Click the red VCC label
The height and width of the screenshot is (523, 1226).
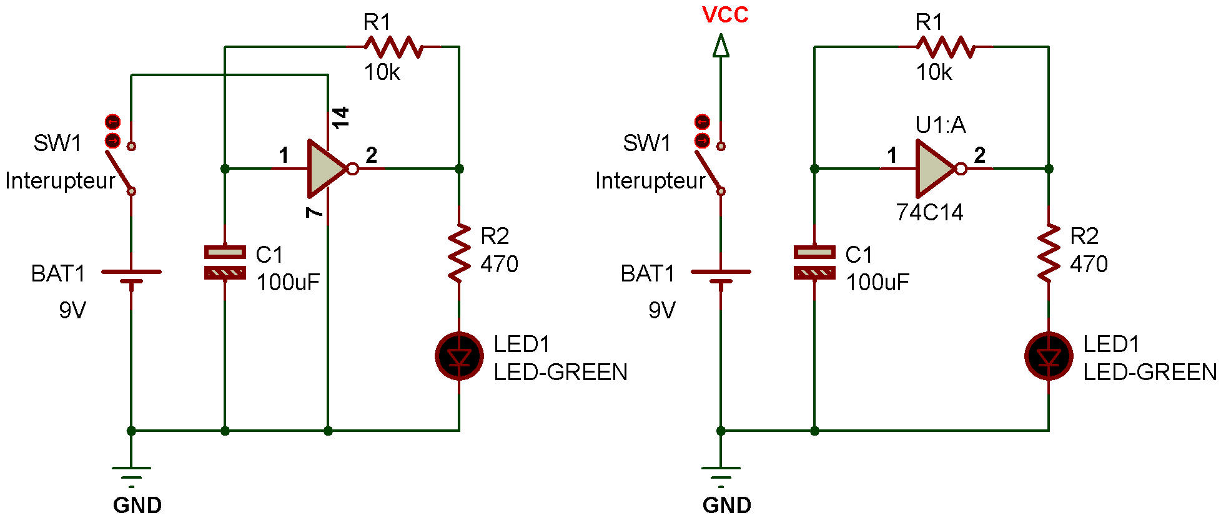pyautogui.click(x=725, y=14)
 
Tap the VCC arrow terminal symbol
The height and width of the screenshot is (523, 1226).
pyautogui.click(x=721, y=46)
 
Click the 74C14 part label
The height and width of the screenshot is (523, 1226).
pyautogui.click(x=929, y=213)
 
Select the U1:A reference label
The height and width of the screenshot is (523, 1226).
pyautogui.click(x=941, y=125)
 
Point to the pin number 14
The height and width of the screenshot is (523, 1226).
pyautogui.click(x=340, y=117)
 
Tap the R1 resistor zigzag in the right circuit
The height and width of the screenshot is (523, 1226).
pyautogui.click(x=946, y=47)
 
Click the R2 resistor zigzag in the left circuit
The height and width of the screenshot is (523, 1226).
pyautogui.click(x=459, y=253)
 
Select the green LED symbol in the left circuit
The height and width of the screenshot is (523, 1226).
pyautogui.click(x=459, y=356)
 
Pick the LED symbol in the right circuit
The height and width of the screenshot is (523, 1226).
pyautogui.click(x=1049, y=356)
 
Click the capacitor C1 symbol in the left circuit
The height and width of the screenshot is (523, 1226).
pyautogui.click(x=225, y=262)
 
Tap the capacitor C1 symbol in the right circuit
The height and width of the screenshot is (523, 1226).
pyautogui.click(x=814, y=262)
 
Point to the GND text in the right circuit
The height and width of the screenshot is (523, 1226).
pyautogui.click(x=726, y=505)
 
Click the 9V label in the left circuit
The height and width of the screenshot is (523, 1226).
pyautogui.click(x=72, y=310)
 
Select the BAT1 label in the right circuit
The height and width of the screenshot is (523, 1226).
pyautogui.click(x=648, y=274)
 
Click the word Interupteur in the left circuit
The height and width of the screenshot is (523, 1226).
pyautogui.click(x=60, y=181)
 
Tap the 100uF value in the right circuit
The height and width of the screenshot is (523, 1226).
pyautogui.click(x=877, y=283)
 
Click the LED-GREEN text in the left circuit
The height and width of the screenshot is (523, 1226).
pyautogui.click(x=560, y=373)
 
